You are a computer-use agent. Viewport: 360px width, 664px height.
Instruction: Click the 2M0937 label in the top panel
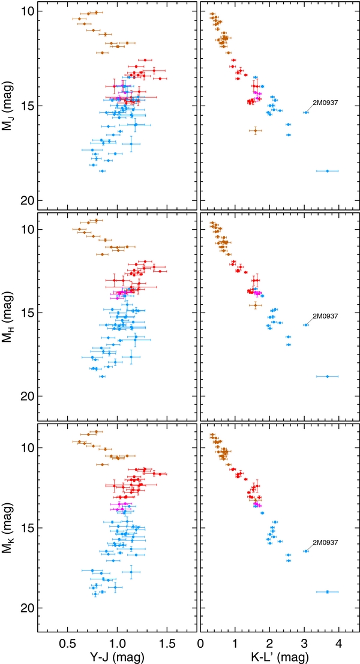pyautogui.click(x=325, y=103)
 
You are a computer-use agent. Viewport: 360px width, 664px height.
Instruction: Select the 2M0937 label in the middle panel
pyautogui.click(x=325, y=316)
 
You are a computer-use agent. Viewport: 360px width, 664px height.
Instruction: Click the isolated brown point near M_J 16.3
pyautogui.click(x=255, y=130)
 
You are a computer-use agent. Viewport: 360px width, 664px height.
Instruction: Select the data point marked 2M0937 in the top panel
pyautogui.click(x=306, y=112)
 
